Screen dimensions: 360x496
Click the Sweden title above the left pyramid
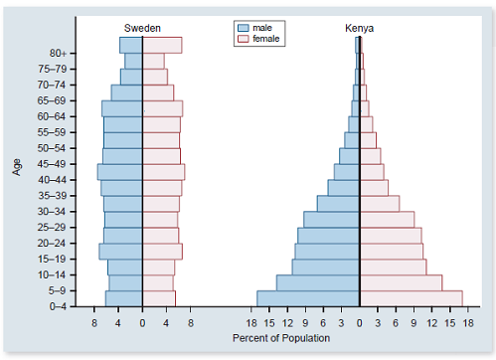(142, 28)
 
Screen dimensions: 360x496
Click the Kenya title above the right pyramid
(359, 28)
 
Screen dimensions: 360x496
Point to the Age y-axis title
(17, 165)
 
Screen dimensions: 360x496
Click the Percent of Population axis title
(280, 338)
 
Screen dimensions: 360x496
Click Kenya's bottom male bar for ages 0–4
(307, 298)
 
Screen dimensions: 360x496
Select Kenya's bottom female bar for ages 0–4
(411, 298)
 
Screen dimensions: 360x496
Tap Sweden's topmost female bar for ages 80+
(162, 45)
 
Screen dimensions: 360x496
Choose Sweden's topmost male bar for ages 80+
(130, 45)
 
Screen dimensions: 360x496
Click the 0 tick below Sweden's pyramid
(142, 323)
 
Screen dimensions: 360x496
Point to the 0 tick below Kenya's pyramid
(359, 323)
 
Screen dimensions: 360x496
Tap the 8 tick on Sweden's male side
(94, 323)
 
